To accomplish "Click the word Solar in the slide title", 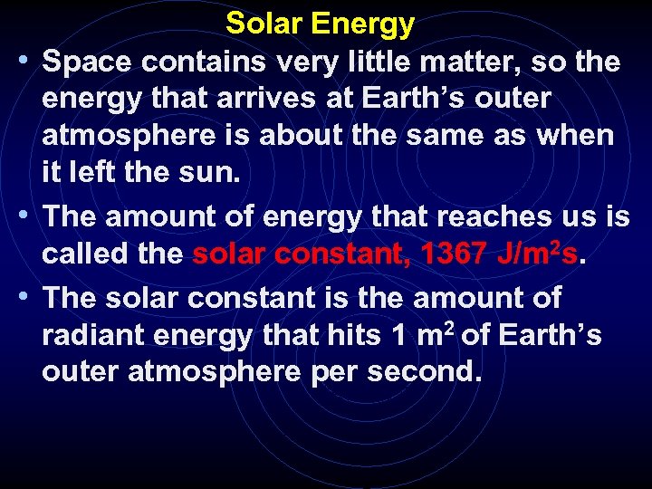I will pyautogui.click(x=264, y=24).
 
